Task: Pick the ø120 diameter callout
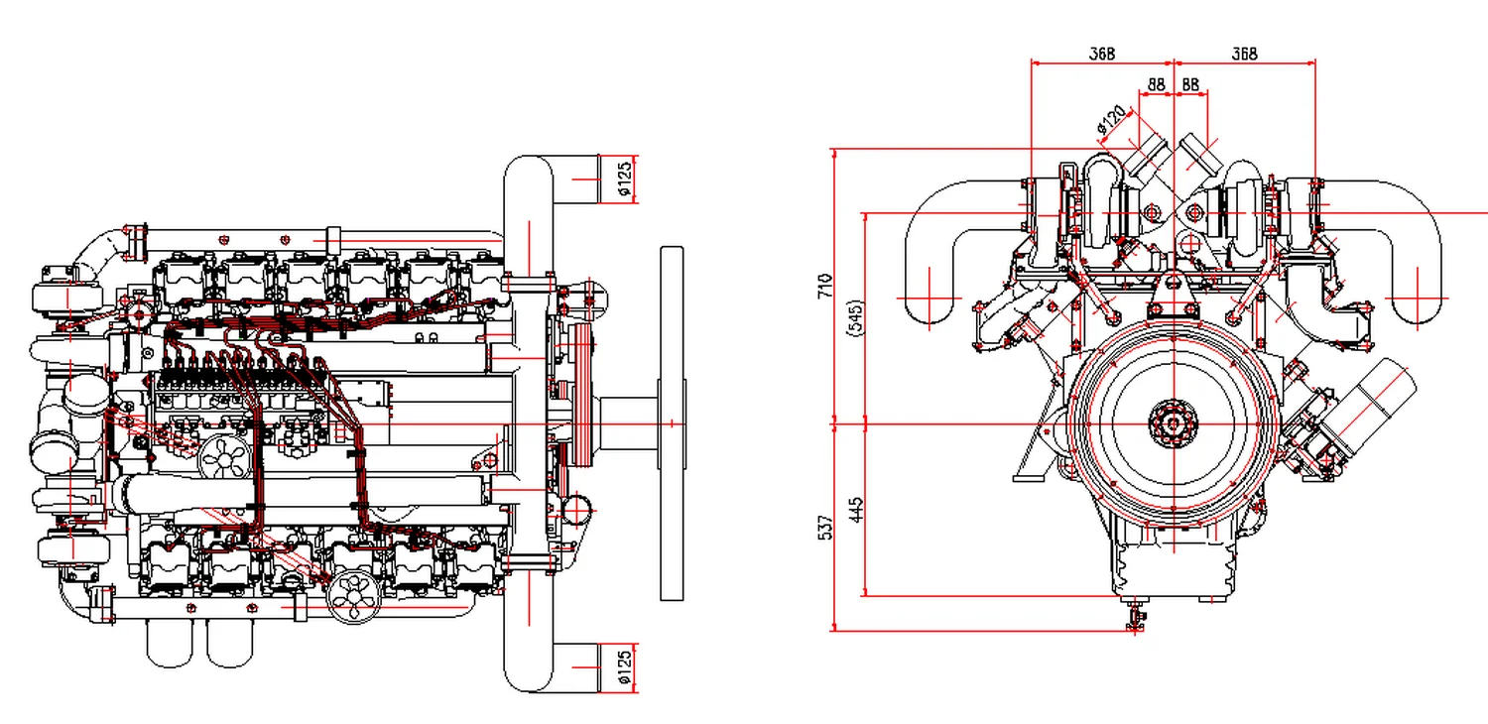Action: [1113, 120]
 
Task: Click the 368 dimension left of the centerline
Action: [1101, 54]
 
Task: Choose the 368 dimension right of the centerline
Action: [1244, 54]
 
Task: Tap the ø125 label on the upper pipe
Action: [624, 179]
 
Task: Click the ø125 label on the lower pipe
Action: [624, 666]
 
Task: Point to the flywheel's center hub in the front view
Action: [1174, 424]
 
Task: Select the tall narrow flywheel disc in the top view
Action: [672, 423]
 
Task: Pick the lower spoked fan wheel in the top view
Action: [352, 596]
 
